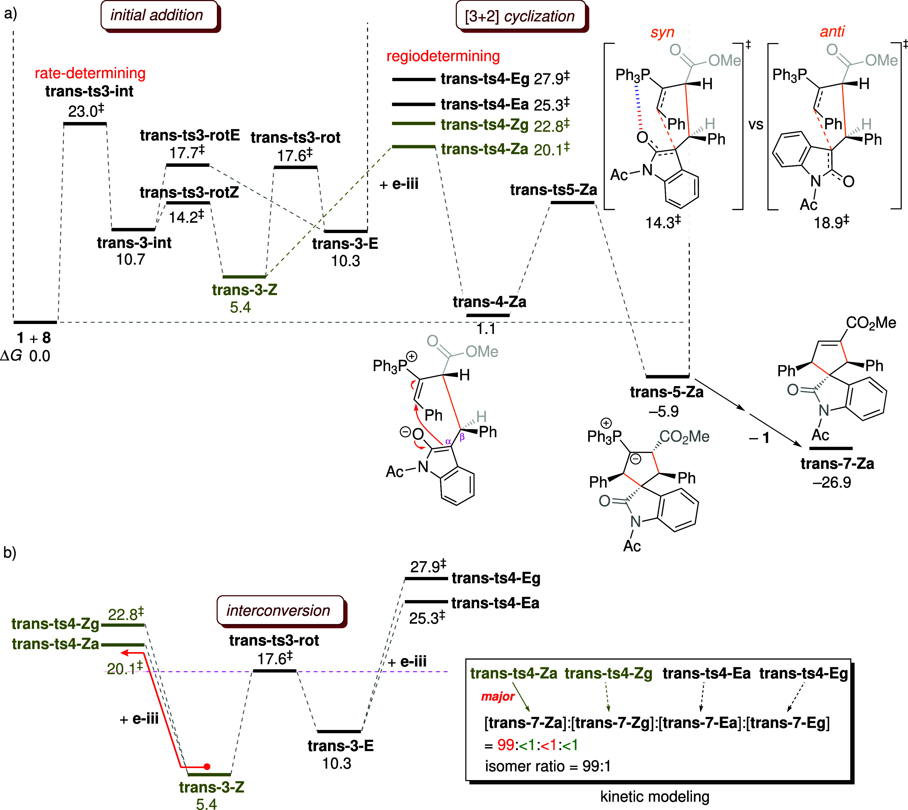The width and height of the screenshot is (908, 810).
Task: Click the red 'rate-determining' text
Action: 90,73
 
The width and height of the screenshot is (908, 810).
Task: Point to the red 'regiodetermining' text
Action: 443,56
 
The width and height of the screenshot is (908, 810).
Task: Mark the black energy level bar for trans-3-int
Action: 133,230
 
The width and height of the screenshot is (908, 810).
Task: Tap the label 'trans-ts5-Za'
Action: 554,190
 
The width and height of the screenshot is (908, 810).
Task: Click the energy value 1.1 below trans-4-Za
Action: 486,329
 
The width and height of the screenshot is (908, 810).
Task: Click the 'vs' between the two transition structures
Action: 756,125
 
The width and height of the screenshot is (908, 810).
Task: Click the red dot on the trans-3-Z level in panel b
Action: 206,767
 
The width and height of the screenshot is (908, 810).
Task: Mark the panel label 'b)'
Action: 10,553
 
